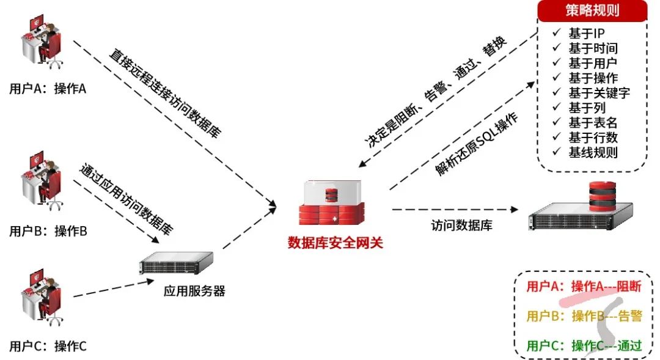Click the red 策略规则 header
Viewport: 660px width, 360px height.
point(592,12)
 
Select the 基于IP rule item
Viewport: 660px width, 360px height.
point(587,34)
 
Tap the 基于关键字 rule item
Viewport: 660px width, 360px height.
point(599,93)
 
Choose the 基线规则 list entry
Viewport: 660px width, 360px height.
point(593,152)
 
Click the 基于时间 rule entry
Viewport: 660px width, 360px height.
point(593,48)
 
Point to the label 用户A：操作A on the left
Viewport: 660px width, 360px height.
point(48,89)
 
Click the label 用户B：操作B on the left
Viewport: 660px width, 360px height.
point(48,232)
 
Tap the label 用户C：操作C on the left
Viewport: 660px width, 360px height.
point(48,347)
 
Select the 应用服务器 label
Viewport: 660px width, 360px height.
point(194,291)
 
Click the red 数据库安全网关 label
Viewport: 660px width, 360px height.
point(335,243)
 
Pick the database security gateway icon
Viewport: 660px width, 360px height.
point(331,205)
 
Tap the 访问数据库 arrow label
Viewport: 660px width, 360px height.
point(461,225)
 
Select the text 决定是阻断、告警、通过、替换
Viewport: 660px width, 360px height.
point(436,93)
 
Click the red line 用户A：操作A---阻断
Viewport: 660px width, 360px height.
point(584,287)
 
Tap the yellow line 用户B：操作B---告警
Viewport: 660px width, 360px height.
point(584,316)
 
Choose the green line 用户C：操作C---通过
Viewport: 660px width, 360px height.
point(584,346)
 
